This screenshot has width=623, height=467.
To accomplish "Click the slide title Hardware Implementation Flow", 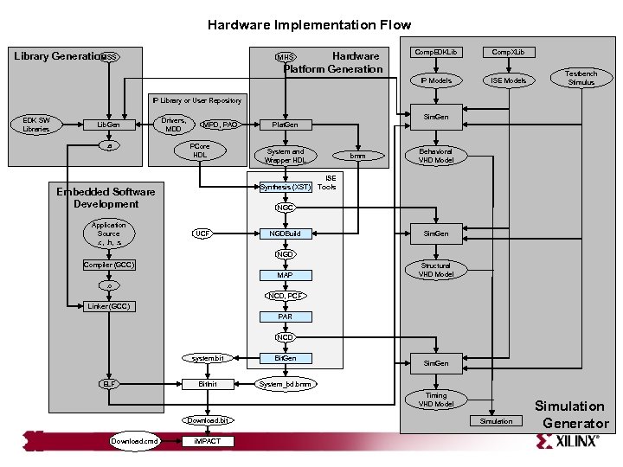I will (x=309, y=25).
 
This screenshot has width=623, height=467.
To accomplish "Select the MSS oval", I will (x=109, y=57).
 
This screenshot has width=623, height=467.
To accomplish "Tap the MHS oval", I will (x=285, y=58).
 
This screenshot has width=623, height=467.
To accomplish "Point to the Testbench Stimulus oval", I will (x=581, y=79).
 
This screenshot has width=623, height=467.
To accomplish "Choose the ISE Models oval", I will (x=508, y=80).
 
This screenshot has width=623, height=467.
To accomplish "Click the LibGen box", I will (x=107, y=125).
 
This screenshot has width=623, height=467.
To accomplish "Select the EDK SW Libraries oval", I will (x=36, y=125).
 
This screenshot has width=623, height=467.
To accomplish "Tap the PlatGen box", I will (x=285, y=125).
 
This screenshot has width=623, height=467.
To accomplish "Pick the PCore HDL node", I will (x=200, y=150).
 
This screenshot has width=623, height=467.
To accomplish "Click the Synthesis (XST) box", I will (x=285, y=186).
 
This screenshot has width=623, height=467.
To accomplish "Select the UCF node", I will (x=202, y=233).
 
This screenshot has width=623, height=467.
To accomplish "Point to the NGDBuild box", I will (x=285, y=233).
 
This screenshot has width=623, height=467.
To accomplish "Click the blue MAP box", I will (x=285, y=275).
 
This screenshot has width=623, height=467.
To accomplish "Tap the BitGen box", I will (x=285, y=357).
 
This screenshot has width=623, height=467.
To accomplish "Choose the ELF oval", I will (x=109, y=383).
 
